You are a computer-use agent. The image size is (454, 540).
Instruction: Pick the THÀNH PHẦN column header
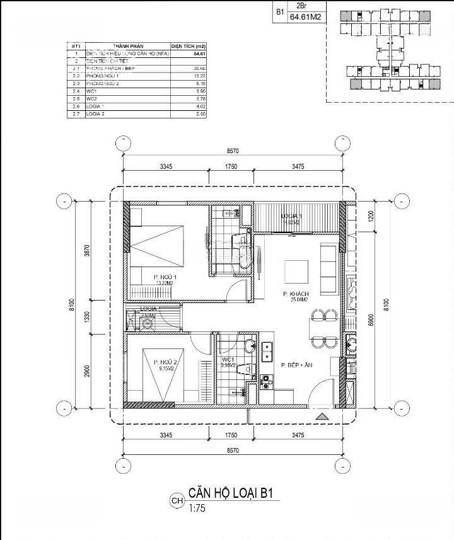pyautogui.click(x=129, y=47)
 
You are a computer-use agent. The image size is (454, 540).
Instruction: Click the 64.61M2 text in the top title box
pyautogui.click(x=306, y=18)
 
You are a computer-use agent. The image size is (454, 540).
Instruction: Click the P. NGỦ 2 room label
pyautogui.click(x=166, y=362)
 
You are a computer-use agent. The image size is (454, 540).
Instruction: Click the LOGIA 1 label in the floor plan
pyautogui.click(x=292, y=216)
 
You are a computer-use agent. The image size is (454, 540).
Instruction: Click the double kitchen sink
pyautogui.click(x=267, y=348)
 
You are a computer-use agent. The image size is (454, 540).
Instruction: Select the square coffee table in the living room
pyautogui.click(x=297, y=272)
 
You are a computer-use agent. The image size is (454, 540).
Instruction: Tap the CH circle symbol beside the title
pyautogui.click(x=177, y=502)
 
